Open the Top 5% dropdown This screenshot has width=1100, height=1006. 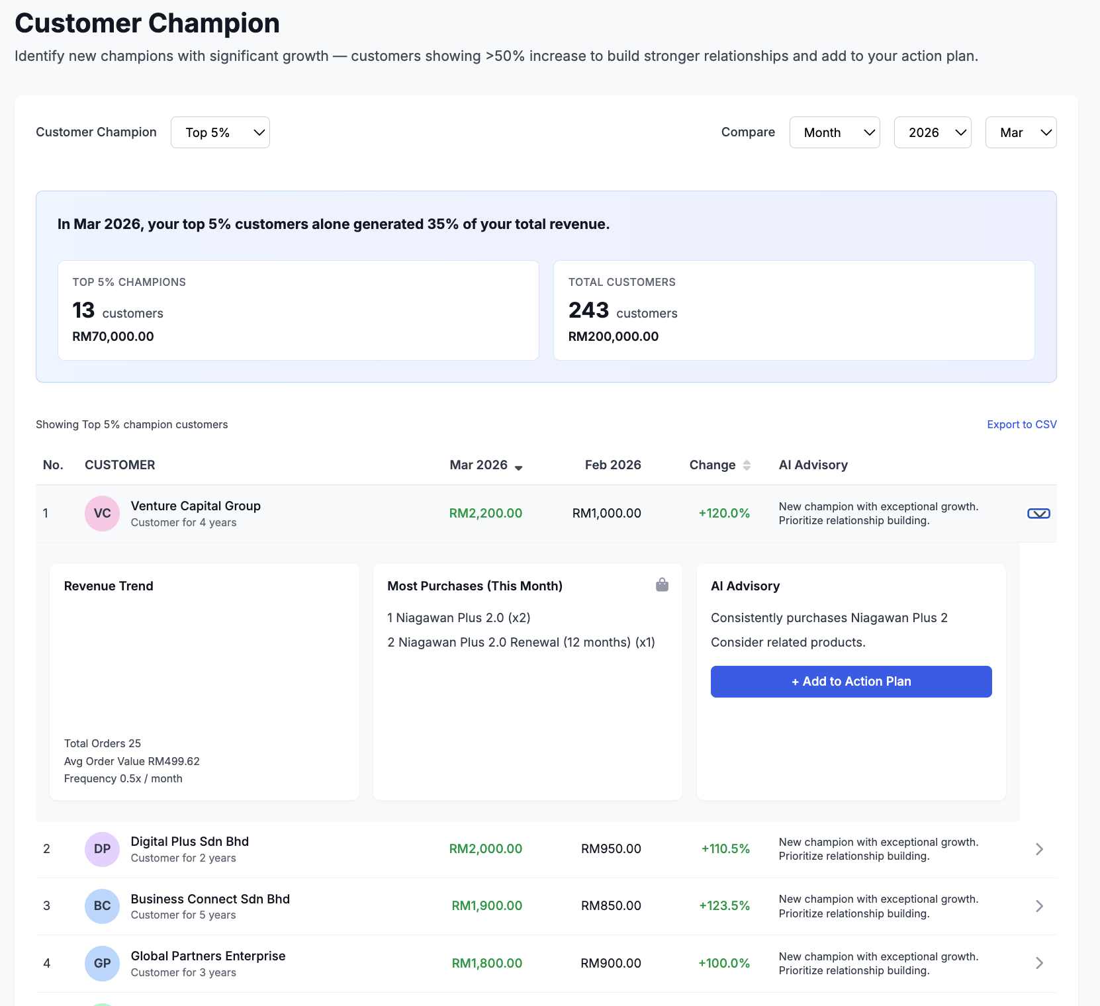tap(220, 132)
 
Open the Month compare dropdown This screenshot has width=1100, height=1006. tap(834, 132)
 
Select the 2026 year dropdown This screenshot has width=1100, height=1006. tap(932, 132)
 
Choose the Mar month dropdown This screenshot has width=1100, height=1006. tap(1020, 132)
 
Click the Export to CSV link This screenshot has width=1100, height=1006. tap(1021, 424)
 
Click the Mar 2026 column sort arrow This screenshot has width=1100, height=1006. tap(518, 467)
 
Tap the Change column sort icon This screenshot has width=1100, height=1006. tap(747, 465)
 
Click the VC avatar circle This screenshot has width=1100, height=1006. tap(102, 514)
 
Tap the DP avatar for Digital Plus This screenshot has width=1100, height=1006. tap(102, 849)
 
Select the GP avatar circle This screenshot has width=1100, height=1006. tap(102, 964)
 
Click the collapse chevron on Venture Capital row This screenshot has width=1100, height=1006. tap(1038, 514)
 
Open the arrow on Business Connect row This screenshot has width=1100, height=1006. tap(1039, 906)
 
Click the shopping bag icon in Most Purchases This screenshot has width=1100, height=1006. tap(662, 585)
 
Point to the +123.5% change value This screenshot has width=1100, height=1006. tap(724, 906)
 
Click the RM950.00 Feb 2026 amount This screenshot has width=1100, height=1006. tap(610, 849)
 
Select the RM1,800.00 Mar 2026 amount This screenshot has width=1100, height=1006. tap(486, 964)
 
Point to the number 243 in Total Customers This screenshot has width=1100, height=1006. tap(588, 310)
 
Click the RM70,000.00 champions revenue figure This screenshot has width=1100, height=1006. tap(113, 336)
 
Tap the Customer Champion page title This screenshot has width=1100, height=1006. tap(147, 23)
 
